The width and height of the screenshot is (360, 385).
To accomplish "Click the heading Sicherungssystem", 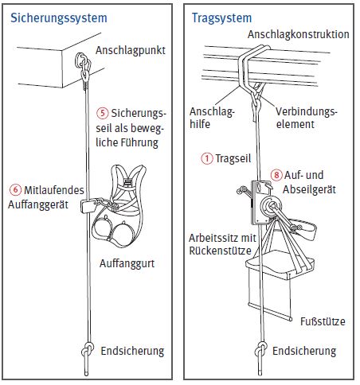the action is point(59,18).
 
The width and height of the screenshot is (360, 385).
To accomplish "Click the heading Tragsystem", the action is point(221,18).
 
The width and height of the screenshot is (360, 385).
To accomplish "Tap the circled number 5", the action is point(102,113).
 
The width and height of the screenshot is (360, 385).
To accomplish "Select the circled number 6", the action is point(15,190).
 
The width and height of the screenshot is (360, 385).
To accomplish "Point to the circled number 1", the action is point(207,158).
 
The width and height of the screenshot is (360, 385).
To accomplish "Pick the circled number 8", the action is point(276,175).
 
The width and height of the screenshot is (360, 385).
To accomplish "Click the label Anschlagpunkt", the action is point(131,51).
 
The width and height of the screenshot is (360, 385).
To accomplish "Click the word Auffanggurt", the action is point(127,263).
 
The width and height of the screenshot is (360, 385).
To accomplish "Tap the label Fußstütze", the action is point(323,321).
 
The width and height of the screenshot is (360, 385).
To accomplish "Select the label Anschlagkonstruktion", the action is point(299,34).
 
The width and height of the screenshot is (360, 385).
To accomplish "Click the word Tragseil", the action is point(233,158).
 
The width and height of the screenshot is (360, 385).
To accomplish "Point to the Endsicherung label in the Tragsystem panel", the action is point(304,351).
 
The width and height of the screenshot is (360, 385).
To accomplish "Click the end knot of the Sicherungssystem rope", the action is point(88,351).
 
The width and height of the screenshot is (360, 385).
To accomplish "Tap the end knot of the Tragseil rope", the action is point(260,350).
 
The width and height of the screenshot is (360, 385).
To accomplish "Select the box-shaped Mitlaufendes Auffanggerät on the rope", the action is point(88,206).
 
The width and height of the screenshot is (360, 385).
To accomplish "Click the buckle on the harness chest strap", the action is point(127,183).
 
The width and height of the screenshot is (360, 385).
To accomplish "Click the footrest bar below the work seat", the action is point(270,312).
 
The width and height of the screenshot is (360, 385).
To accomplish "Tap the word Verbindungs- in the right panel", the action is point(306,111).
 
